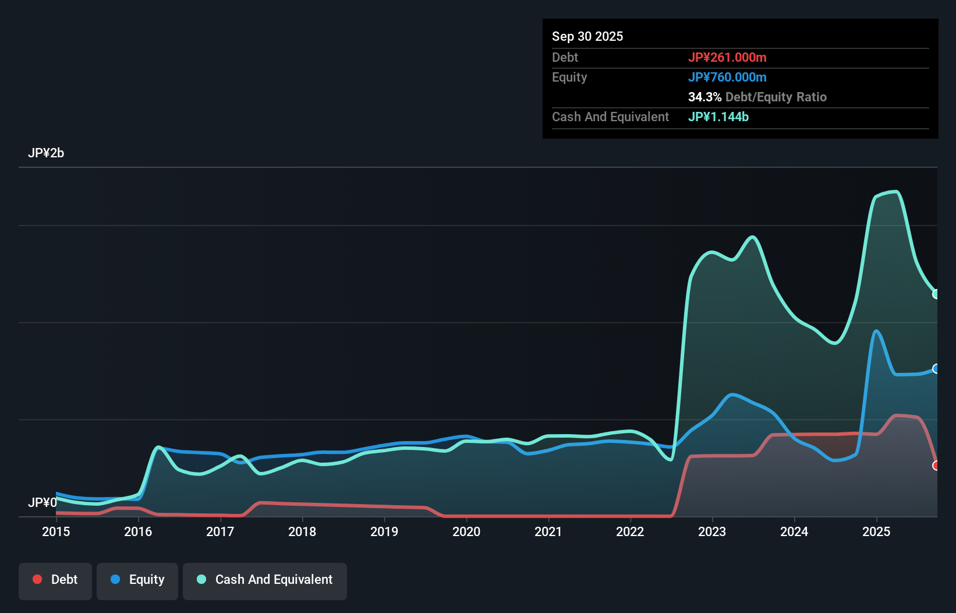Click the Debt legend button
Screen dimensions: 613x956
point(55,580)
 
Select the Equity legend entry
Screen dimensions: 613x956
point(137,580)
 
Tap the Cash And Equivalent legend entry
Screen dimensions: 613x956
point(265,580)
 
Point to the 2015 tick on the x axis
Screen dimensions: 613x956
point(56,531)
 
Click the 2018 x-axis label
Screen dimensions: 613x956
point(302,531)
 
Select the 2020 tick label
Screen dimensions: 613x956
point(466,531)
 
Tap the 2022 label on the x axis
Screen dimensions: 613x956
point(630,531)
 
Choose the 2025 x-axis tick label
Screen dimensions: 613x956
point(876,531)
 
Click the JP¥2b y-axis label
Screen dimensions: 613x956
point(46,153)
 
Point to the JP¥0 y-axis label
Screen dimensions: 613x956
point(43,502)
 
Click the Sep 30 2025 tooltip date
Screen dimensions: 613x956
point(587,37)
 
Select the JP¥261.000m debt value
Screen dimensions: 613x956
point(727,58)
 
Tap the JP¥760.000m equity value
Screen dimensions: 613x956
point(727,77)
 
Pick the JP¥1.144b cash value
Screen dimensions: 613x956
point(718,117)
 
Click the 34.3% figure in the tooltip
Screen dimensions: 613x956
point(704,97)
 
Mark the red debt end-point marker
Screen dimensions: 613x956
point(936,466)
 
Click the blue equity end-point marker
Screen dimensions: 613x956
point(936,369)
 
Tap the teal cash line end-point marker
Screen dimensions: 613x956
point(936,294)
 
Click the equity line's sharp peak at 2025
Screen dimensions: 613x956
point(876,331)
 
